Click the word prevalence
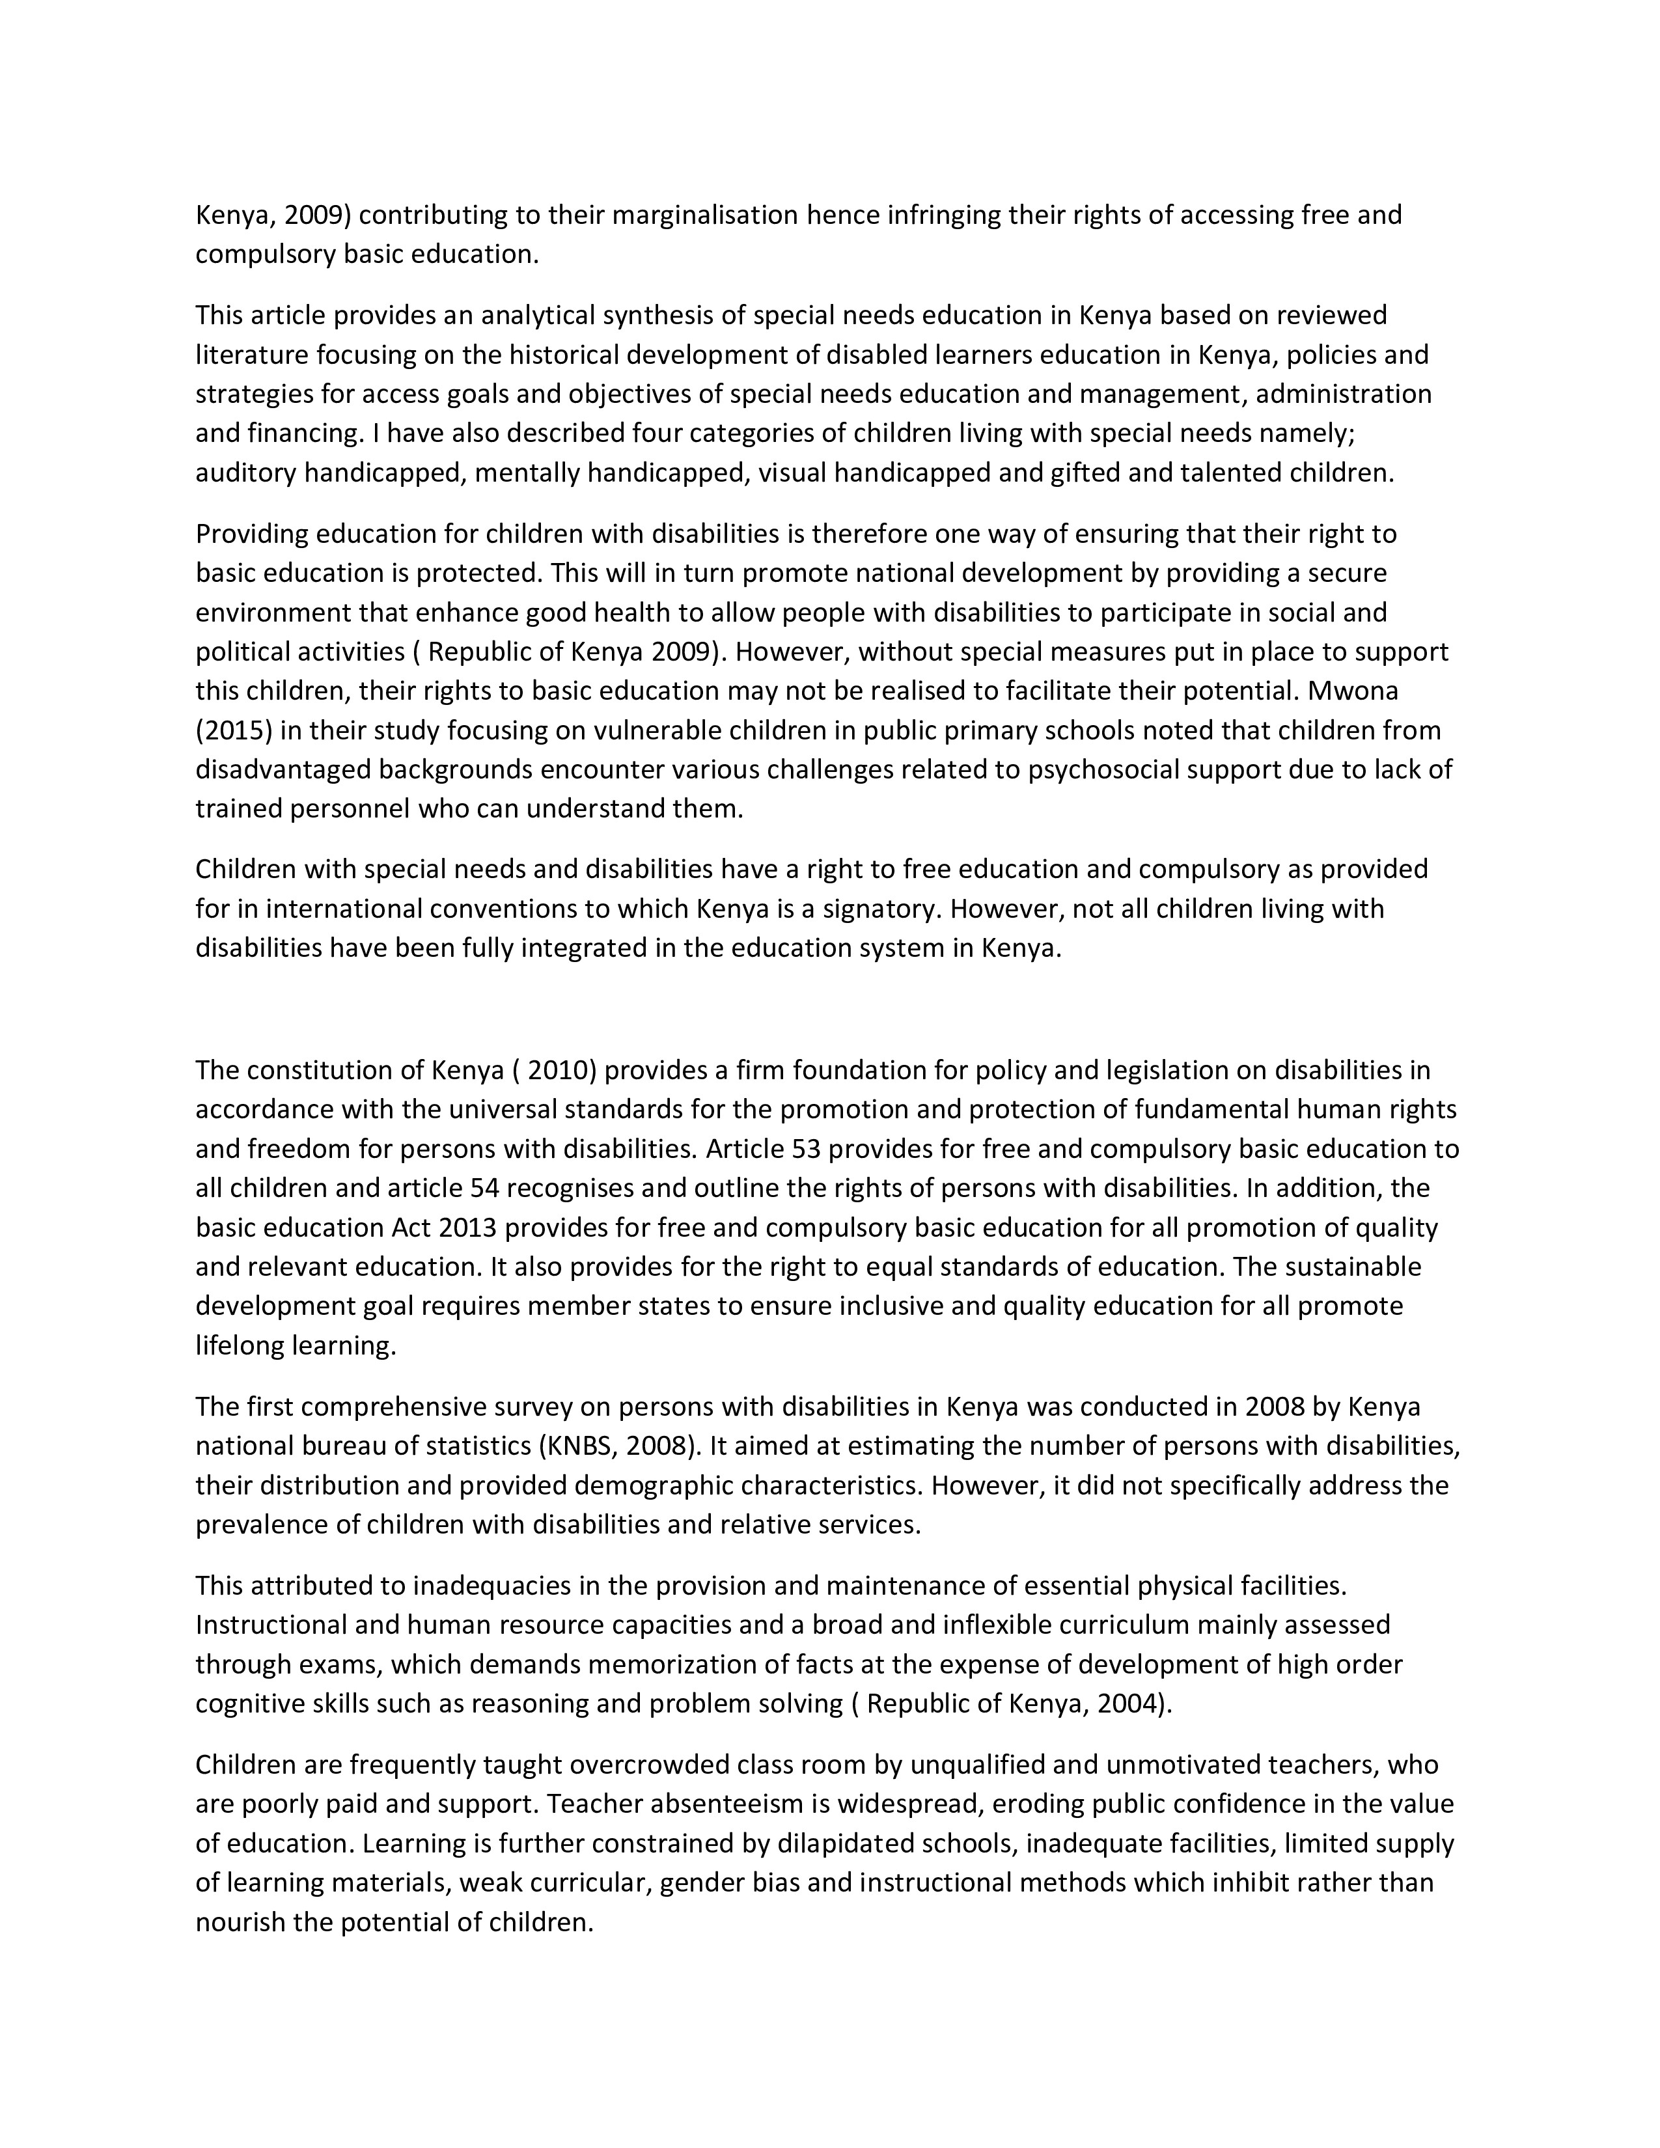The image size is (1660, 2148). pos(260,1524)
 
